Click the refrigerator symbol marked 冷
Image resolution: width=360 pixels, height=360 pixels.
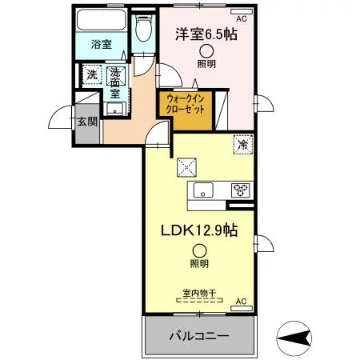(x=240, y=144)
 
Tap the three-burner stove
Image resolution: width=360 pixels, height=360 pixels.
(x=241, y=190)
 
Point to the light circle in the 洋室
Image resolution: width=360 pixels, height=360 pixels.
(x=206, y=50)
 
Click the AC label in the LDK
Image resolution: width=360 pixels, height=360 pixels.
(x=241, y=302)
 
